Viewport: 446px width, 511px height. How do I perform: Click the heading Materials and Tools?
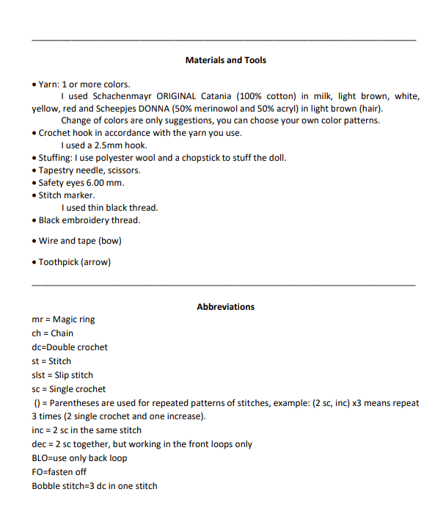226,60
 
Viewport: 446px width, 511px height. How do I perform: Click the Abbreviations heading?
226,307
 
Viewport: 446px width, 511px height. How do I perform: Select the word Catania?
223,96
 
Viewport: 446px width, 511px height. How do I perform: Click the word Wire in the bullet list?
48,241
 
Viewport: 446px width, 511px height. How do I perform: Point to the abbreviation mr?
37,320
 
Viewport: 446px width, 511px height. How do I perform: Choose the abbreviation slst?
39,375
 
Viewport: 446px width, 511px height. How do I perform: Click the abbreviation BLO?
41,458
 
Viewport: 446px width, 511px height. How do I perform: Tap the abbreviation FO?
38,472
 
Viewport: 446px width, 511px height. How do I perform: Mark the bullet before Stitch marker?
34,196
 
